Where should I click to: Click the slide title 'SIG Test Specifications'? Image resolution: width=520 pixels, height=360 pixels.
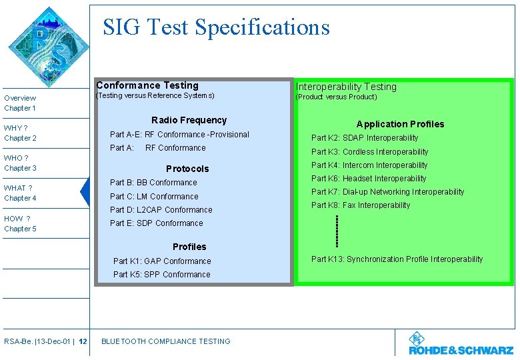pyautogui.click(x=216, y=27)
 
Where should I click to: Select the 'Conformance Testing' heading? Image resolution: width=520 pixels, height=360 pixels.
pyautogui.click(x=147, y=85)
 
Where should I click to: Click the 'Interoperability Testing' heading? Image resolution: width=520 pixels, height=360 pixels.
pyautogui.click(x=346, y=87)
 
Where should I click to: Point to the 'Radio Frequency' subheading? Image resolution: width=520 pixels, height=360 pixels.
pyautogui.click(x=189, y=120)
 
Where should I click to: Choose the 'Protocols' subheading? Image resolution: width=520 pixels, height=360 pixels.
pyautogui.click(x=187, y=169)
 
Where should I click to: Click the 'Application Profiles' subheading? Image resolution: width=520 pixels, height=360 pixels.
pyautogui.click(x=400, y=124)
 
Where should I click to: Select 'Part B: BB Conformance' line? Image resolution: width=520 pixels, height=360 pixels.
pyautogui.click(x=153, y=183)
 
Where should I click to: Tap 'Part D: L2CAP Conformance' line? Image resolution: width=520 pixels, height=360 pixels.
pyautogui.click(x=161, y=210)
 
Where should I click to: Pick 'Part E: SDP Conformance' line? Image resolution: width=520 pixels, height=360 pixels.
pyautogui.click(x=156, y=223)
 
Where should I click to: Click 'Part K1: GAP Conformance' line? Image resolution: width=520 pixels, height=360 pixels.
pyautogui.click(x=162, y=261)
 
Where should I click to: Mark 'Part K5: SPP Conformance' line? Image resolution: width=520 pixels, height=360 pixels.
pyautogui.click(x=161, y=275)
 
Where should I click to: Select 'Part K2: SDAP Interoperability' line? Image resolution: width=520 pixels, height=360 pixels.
pyautogui.click(x=365, y=138)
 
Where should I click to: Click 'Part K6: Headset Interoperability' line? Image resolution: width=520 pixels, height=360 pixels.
pyautogui.click(x=369, y=179)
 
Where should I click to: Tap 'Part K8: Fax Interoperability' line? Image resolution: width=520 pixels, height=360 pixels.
pyautogui.click(x=361, y=205)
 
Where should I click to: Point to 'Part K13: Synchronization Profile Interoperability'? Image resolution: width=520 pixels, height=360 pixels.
pyautogui.click(x=397, y=259)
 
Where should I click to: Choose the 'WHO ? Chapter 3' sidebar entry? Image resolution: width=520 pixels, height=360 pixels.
pyautogui.click(x=20, y=163)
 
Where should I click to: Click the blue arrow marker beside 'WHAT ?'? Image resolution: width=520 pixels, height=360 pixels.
pyautogui.click(x=85, y=193)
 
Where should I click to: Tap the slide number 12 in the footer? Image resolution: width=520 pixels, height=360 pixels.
pyautogui.click(x=83, y=341)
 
